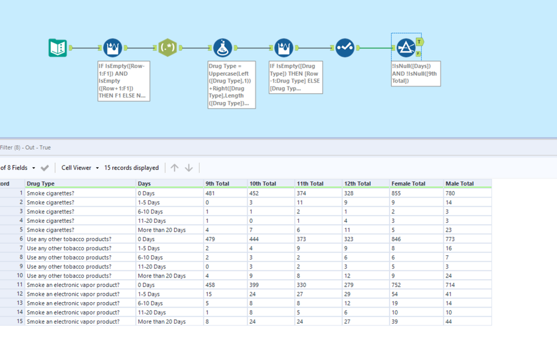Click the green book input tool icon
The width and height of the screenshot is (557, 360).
click(x=57, y=48)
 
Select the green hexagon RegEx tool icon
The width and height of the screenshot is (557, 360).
click(x=167, y=48)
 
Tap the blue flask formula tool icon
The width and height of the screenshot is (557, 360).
click(x=222, y=48)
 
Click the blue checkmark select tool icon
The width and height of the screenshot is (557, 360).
click(x=345, y=48)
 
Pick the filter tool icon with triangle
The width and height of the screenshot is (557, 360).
click(x=405, y=47)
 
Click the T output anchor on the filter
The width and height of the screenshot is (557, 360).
click(x=419, y=42)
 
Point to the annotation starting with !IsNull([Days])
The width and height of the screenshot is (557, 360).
click(x=415, y=74)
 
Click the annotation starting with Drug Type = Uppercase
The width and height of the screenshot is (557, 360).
click(x=231, y=85)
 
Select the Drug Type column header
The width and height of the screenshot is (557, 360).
click(x=41, y=183)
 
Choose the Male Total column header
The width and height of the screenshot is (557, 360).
click(x=459, y=183)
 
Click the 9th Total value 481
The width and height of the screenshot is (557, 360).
click(x=211, y=193)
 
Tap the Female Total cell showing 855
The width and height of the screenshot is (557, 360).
click(x=399, y=193)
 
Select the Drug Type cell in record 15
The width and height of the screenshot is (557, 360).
click(x=73, y=322)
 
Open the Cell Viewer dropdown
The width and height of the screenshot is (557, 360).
click(x=80, y=168)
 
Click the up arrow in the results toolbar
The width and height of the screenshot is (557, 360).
click(x=175, y=168)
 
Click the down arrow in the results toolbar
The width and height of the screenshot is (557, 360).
click(x=189, y=168)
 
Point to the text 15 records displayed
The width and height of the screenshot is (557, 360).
click(x=132, y=168)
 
